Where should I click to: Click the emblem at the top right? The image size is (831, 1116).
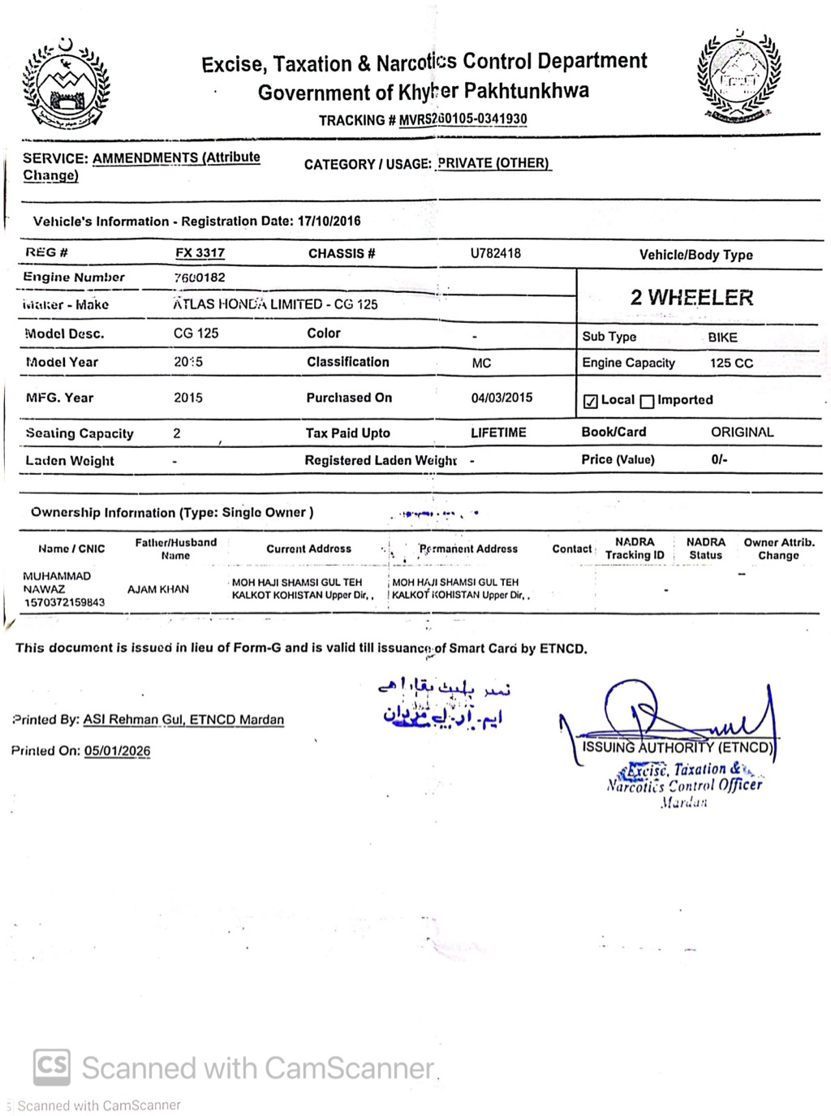click(x=738, y=76)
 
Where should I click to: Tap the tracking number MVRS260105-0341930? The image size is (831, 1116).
click(x=463, y=119)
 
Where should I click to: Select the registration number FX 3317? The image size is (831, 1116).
click(x=200, y=252)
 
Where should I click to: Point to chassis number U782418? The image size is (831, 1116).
click(x=495, y=253)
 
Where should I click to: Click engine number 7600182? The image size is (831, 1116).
click(x=199, y=278)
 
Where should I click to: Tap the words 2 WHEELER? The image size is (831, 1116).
click(x=691, y=297)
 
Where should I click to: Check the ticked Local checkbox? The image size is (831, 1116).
click(x=591, y=401)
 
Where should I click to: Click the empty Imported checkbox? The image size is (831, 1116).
click(x=647, y=401)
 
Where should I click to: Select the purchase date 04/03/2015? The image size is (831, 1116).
click(x=502, y=398)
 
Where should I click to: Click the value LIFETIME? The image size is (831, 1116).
click(x=498, y=433)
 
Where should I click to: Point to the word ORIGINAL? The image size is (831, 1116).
click(x=742, y=432)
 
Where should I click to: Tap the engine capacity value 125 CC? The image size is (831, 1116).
click(x=731, y=363)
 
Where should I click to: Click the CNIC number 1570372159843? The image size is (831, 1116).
click(x=64, y=602)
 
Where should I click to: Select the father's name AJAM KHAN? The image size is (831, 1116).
click(x=157, y=589)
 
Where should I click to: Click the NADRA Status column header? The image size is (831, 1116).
click(x=705, y=549)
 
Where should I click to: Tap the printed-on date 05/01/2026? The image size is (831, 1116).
click(x=117, y=751)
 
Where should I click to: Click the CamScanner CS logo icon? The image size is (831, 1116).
click(x=52, y=1066)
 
